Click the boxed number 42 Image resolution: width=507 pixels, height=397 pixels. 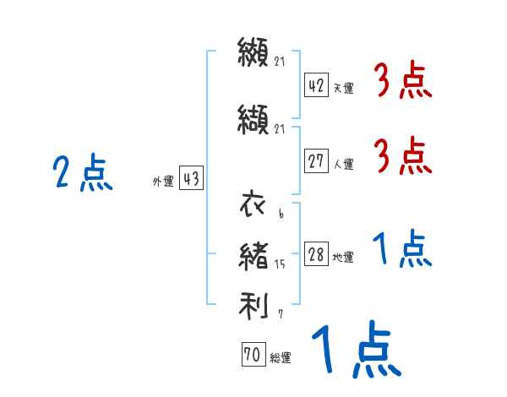316,86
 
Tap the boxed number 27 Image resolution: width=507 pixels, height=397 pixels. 316,161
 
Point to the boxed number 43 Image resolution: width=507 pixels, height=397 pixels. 191,179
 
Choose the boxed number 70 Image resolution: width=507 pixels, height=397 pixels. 253,356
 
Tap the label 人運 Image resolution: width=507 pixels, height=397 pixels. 342,164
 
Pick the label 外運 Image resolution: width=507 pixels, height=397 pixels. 163,181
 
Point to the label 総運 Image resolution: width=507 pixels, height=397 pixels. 280,358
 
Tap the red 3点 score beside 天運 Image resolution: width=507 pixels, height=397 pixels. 403,82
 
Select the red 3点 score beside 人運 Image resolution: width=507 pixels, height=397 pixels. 403,157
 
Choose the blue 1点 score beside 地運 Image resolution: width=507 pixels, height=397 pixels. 403,250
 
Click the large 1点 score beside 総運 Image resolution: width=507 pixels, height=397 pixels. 356,351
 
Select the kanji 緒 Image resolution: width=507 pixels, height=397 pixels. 253,255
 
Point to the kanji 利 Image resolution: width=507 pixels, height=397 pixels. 253,304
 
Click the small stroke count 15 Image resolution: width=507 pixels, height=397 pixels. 281,264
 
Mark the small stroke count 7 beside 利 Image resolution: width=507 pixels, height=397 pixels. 280,314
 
